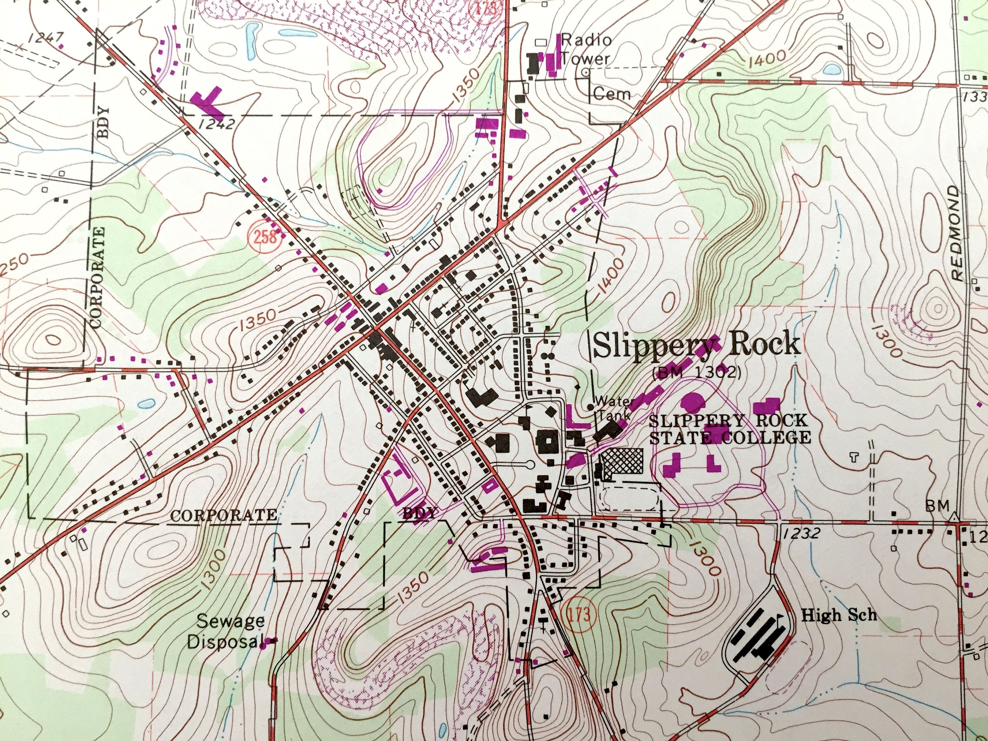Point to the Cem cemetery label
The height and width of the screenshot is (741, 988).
pyautogui.click(x=612, y=94)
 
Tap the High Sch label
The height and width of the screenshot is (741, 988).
pyautogui.click(x=839, y=616)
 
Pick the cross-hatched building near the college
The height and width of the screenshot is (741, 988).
pyautogui.click(x=622, y=463)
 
